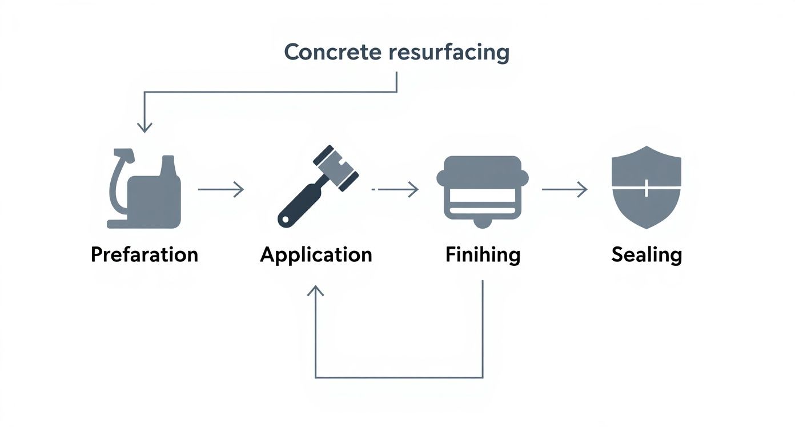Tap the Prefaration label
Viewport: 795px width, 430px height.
tap(144, 254)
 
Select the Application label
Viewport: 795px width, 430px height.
tap(316, 254)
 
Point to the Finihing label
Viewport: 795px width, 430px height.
tap(483, 254)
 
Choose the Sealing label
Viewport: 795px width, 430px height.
tap(647, 254)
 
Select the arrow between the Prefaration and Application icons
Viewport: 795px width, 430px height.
tap(221, 189)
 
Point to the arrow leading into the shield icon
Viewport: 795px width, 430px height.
tap(564, 189)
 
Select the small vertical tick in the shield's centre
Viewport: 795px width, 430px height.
tap(646, 188)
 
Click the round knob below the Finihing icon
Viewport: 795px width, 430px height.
tap(483, 222)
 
